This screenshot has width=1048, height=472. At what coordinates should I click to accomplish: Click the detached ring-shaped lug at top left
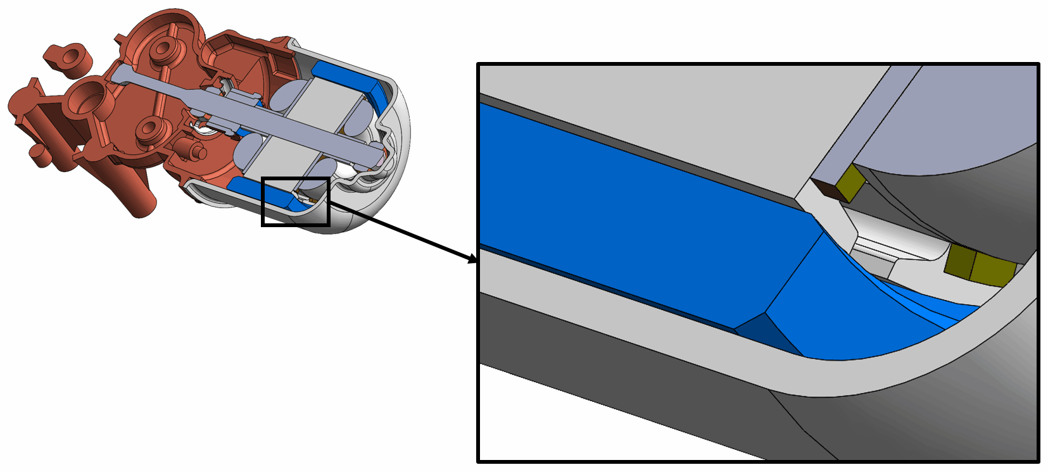click(68, 57)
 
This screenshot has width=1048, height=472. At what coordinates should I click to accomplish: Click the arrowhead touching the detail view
click(472, 259)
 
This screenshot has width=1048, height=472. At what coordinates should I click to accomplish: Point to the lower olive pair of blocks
click(978, 265)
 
